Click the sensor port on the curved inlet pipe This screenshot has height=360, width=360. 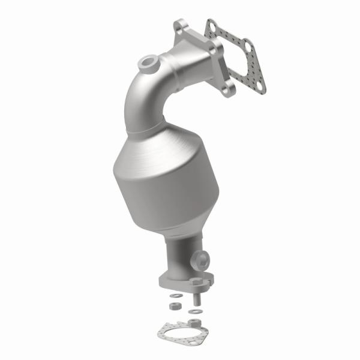[x=148, y=62]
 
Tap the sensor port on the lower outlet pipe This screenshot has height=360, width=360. [x=202, y=260]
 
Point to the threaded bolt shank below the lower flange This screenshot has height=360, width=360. [x=197, y=295]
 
